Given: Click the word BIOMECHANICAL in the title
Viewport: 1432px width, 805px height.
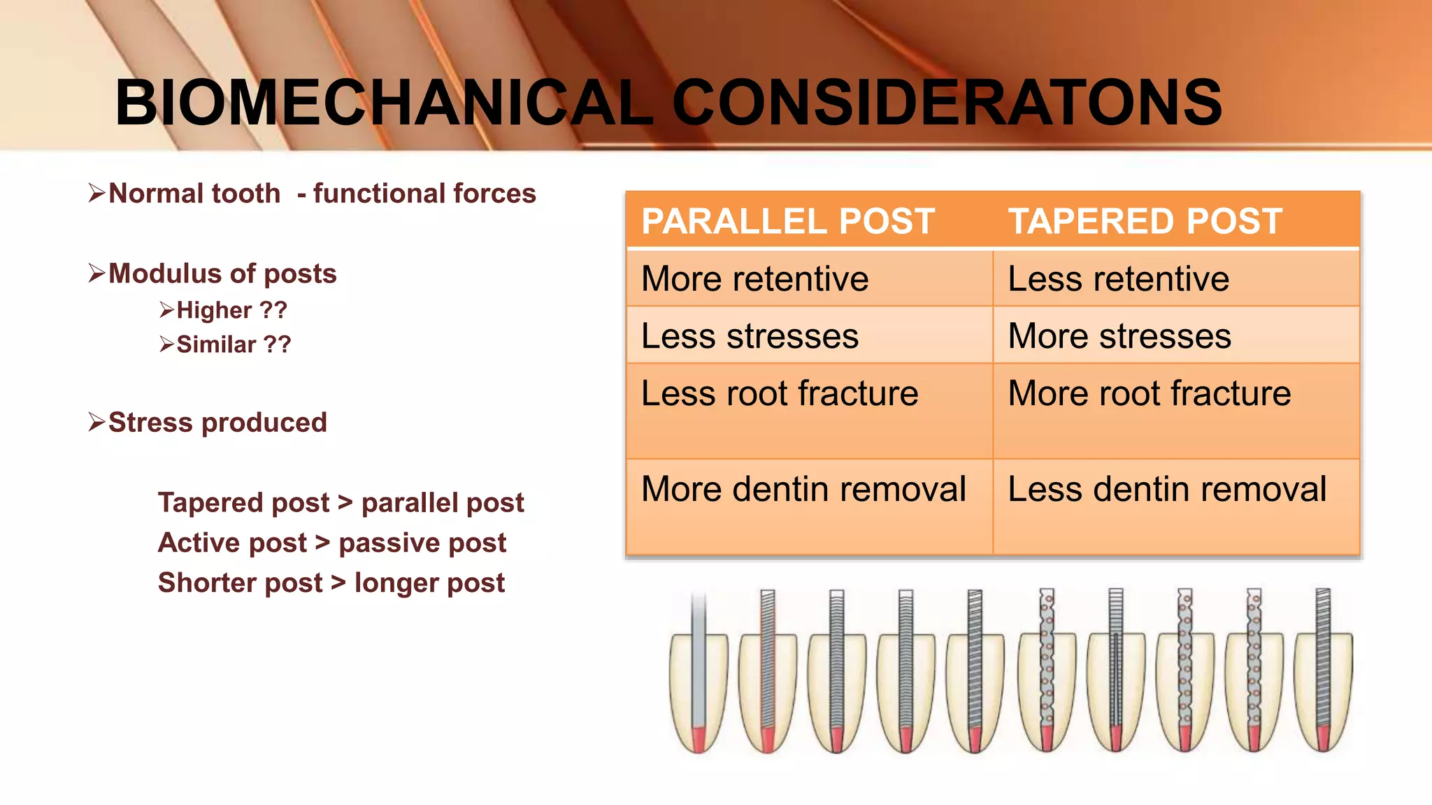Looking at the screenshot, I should [383, 103].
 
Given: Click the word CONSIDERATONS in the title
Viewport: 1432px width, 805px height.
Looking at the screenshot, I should [947, 103].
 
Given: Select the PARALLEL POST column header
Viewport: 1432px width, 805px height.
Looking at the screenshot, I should [788, 222].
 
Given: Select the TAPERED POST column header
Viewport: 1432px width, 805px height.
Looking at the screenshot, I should [1145, 222].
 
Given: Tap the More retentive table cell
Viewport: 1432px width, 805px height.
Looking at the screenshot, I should [755, 279].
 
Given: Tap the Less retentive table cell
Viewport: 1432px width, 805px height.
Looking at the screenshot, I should [1118, 279].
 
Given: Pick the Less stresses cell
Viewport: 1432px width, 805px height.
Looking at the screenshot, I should [750, 336].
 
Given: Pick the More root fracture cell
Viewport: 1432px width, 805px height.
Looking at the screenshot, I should [1149, 393].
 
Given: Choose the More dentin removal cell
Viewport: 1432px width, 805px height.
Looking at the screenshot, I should [803, 489].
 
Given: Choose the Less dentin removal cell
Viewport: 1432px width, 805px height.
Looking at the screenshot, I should [1166, 489].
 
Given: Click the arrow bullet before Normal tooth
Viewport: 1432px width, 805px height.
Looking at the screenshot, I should [96, 192].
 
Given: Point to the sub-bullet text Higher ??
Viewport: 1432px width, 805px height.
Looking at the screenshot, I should [231, 310].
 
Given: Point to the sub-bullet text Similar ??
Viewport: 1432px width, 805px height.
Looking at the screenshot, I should [234, 345].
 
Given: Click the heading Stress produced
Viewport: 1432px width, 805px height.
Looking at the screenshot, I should [217, 422].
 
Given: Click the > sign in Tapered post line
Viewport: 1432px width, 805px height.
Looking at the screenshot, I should [345, 502].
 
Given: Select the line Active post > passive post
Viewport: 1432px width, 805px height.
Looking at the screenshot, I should [332, 543].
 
